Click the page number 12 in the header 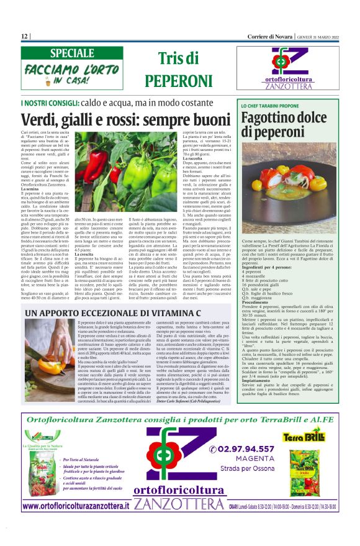24,36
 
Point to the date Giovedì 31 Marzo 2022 317,36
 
